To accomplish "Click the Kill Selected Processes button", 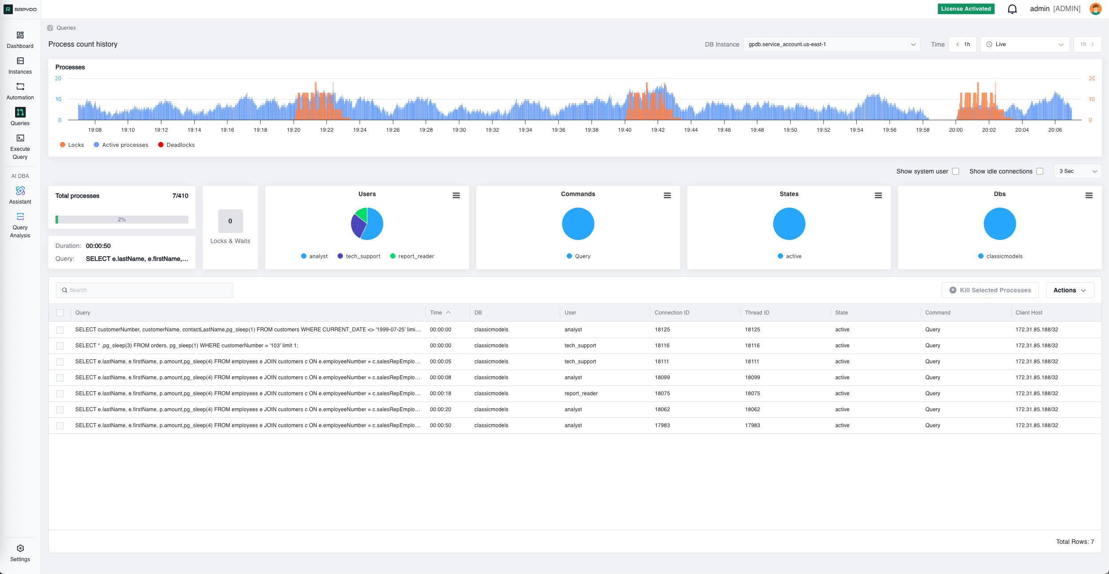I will point(990,290).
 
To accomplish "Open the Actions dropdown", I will point(1069,290).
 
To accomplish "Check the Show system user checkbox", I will point(956,171).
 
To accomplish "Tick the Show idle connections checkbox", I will point(1040,171).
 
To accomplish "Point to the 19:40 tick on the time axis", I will point(624,130).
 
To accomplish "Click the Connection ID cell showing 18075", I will point(662,393).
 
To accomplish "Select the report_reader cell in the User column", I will point(581,393).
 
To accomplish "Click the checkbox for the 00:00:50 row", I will point(60,426).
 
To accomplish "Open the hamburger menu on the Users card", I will point(456,196).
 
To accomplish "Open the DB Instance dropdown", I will point(831,44).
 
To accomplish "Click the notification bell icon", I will point(1012,9).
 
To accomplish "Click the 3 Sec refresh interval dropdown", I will point(1078,171).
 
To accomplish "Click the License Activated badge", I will point(966,9).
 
